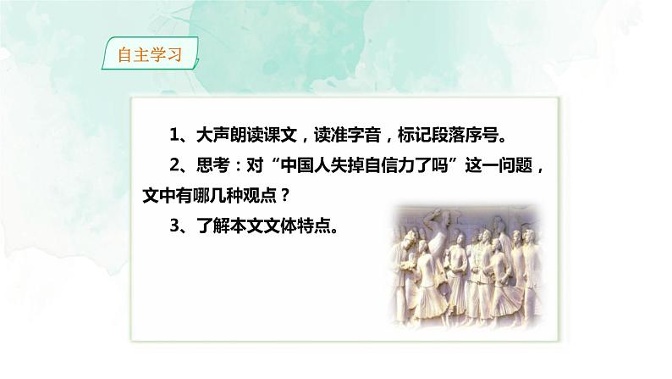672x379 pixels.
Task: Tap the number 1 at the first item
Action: [174, 137]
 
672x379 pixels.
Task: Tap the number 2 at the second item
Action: [174, 166]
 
